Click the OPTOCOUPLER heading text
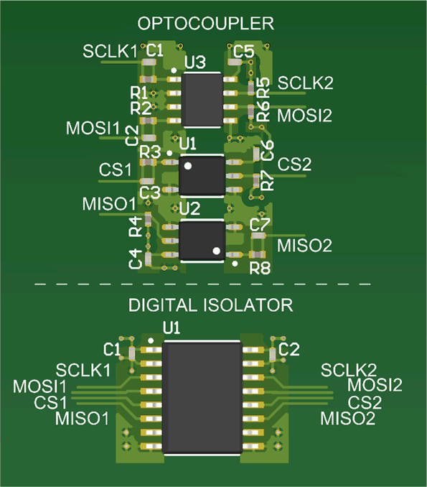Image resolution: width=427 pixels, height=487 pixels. [206, 24]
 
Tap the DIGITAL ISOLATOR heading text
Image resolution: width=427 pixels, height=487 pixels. [210, 305]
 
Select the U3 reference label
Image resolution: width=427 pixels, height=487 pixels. [195, 63]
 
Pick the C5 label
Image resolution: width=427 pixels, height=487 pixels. [244, 51]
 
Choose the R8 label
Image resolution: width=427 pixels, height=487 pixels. [260, 269]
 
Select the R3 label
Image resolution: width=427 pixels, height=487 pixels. [150, 152]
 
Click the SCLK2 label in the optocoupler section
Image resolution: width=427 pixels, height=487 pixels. [306, 83]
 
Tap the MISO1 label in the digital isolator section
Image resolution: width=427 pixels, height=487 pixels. [83, 417]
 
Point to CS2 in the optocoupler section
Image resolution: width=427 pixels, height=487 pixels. [294, 164]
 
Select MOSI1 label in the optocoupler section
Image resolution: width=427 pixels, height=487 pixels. [93, 128]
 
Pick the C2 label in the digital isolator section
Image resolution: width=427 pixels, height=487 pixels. [288, 348]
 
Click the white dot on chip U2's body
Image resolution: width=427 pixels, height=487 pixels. [216, 250]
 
